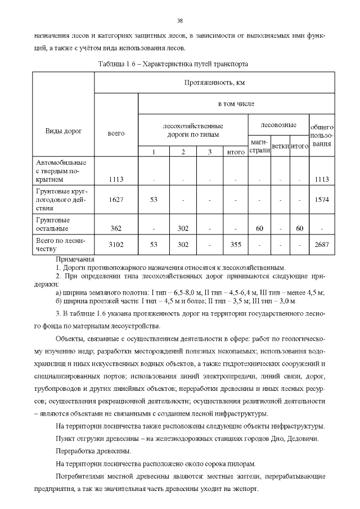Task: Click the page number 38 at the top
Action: click(180, 21)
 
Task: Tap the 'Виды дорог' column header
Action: click(63, 130)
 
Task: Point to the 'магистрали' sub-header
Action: click(259, 147)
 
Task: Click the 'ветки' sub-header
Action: click(280, 146)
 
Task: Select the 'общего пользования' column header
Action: click(322, 136)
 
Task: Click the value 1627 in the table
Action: click(116, 199)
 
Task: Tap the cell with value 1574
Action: click(322, 199)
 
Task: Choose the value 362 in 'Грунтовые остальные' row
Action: click(116, 228)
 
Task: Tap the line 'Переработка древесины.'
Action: click(94, 451)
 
